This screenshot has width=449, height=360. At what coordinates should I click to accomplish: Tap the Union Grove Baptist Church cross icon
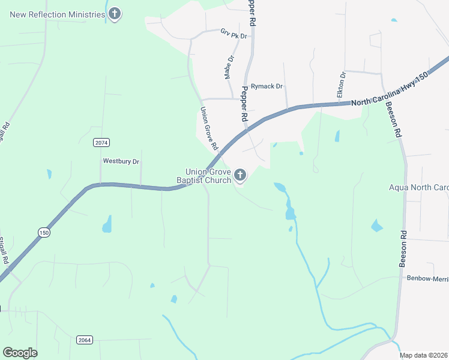pos(240,176)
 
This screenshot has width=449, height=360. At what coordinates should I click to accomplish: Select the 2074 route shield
pos(101,142)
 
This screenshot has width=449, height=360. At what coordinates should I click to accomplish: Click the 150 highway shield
pos(44,232)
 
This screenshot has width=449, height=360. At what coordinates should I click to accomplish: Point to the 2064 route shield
pos(85,340)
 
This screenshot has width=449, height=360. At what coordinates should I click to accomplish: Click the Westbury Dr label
pos(121,161)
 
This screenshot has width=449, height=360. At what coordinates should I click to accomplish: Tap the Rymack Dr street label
pos(267,86)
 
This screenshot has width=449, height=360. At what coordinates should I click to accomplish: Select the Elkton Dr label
pos(342,85)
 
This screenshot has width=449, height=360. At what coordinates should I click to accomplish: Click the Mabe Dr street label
pos(228,67)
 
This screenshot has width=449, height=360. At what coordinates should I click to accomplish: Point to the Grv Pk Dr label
pos(234,34)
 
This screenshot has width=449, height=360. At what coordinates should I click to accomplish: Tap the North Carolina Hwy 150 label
pos(391,90)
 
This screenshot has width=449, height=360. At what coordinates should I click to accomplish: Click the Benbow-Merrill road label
pos(427,278)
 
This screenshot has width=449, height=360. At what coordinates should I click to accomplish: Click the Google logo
pos(20,353)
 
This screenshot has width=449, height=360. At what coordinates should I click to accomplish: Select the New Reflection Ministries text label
pos(58,13)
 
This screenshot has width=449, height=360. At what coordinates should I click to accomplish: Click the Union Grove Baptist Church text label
pos(203,176)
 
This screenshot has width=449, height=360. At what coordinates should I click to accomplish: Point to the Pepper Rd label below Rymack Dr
pos(244,104)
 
